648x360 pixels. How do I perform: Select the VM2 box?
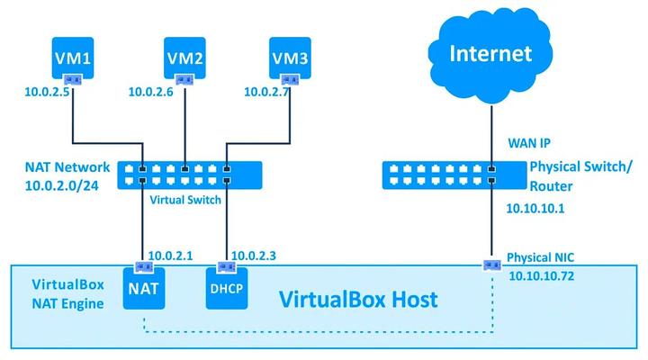click(x=185, y=59)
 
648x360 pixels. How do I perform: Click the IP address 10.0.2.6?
click(x=151, y=91)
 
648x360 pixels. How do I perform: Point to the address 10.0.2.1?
click(x=170, y=256)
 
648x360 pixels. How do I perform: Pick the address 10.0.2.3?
click(x=255, y=256)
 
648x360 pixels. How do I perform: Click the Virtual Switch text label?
click(x=185, y=199)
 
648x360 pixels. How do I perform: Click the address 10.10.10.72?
click(x=542, y=274)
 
